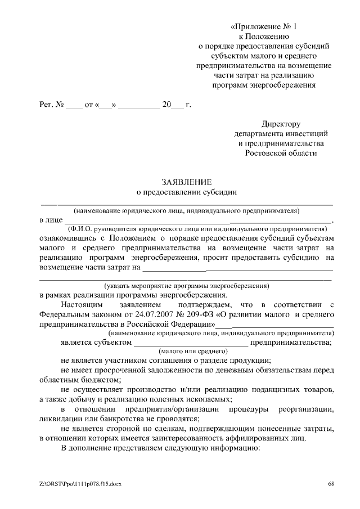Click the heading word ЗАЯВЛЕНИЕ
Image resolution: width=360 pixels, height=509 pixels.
click(x=186, y=182)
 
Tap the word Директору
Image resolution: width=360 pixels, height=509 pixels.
click(x=281, y=124)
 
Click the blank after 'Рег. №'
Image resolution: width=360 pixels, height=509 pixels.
click(x=74, y=105)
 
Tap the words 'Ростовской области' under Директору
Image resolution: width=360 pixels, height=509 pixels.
click(x=281, y=152)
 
